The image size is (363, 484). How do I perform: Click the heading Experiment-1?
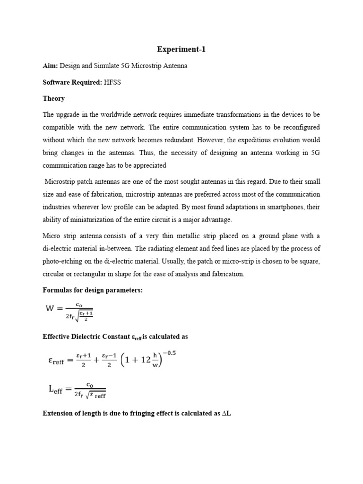pyautogui.click(x=181, y=49)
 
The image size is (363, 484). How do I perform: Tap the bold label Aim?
pyautogui.click(x=51, y=66)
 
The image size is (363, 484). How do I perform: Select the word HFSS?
pyautogui.click(x=106, y=82)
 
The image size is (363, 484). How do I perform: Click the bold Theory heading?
pyautogui.click(x=54, y=98)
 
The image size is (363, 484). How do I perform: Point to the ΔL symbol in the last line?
pyautogui.click(x=225, y=414)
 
